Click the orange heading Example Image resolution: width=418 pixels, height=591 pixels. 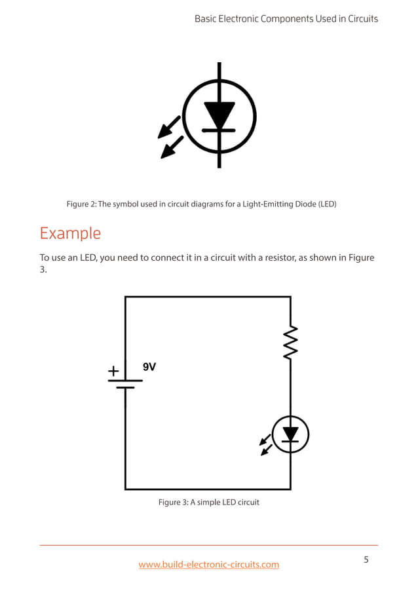tap(70, 233)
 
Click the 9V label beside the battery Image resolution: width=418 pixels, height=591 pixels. tap(149, 367)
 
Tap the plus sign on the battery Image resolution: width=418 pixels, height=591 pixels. tap(113, 372)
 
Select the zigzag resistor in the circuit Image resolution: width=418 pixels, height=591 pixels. tap(290, 342)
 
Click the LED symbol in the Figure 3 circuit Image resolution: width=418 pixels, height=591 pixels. tap(290, 434)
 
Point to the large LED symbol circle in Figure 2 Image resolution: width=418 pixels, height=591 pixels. tap(219, 117)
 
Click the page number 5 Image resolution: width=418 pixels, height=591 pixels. tap(366, 560)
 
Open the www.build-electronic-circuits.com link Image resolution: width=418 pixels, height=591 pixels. tap(208, 564)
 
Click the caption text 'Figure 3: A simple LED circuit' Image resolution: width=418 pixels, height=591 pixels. tap(209, 502)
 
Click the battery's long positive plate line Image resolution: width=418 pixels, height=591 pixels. tap(125, 380)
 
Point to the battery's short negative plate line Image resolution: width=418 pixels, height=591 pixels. tap(125, 388)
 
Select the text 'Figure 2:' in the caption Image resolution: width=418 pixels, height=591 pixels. tap(82, 204)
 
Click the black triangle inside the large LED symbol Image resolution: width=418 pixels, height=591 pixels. tap(219, 115)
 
